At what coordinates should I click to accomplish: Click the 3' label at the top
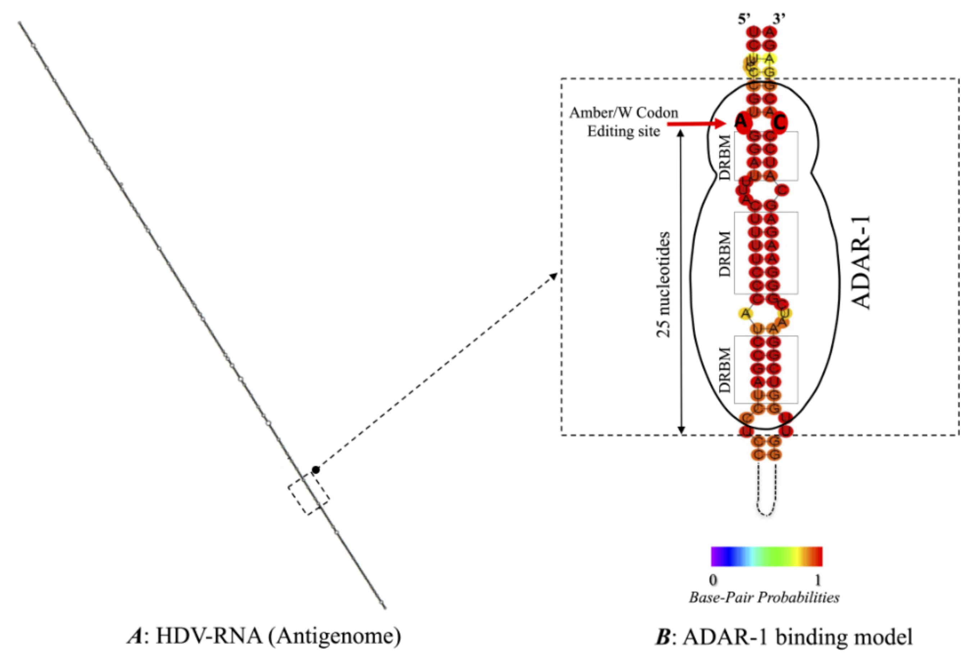pyautogui.click(x=779, y=19)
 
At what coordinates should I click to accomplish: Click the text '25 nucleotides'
pyautogui.click(x=663, y=284)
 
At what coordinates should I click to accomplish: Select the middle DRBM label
pyautogui.click(x=725, y=253)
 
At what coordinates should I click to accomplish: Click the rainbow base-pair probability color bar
pyautogui.click(x=766, y=556)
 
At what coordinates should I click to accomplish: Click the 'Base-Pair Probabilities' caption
pyautogui.click(x=764, y=598)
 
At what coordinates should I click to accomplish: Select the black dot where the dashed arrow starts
pyautogui.click(x=316, y=470)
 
